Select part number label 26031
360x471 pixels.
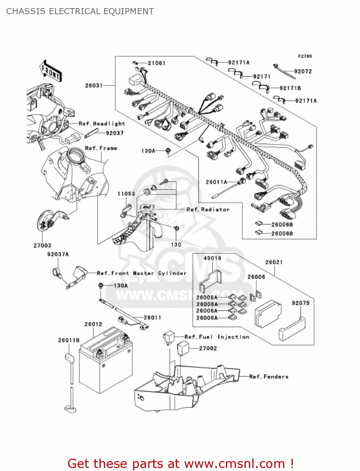coord(94,85)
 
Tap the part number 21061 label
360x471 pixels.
coord(157,63)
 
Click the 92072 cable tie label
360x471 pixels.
coord(303,72)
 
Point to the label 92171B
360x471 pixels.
coord(290,88)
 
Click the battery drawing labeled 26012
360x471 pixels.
coord(105,361)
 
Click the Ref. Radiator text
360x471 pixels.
coord(208,209)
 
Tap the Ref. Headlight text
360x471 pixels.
coord(102,124)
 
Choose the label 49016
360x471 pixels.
coord(212,258)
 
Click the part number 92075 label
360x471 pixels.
coord(300,303)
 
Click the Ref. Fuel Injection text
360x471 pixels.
coord(217,337)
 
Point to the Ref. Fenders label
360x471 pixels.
coord(269,376)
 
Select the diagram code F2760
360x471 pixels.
coord(305,56)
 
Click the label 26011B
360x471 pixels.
coord(69,340)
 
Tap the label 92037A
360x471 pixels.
coord(58,254)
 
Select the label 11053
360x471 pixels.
coord(126,194)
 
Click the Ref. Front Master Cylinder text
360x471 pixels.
coord(142,273)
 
